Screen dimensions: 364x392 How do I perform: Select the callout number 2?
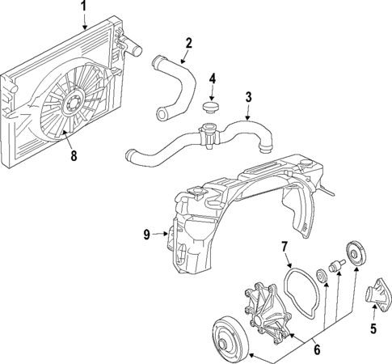[x=188, y=43]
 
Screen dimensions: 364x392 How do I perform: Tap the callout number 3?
[x=250, y=98]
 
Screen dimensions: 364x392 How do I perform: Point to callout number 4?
[x=213, y=79]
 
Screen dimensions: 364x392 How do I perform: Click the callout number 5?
[x=373, y=329]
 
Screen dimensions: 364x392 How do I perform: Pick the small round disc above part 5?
[x=354, y=251]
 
